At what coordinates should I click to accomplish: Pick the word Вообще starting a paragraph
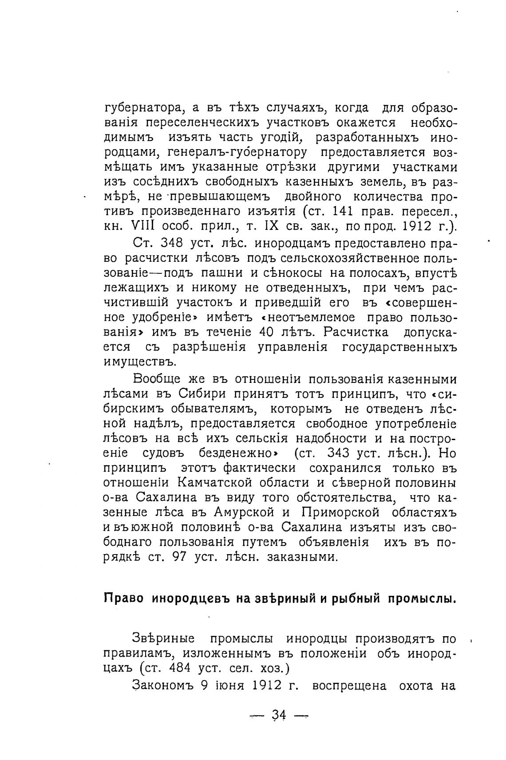(156, 379)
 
